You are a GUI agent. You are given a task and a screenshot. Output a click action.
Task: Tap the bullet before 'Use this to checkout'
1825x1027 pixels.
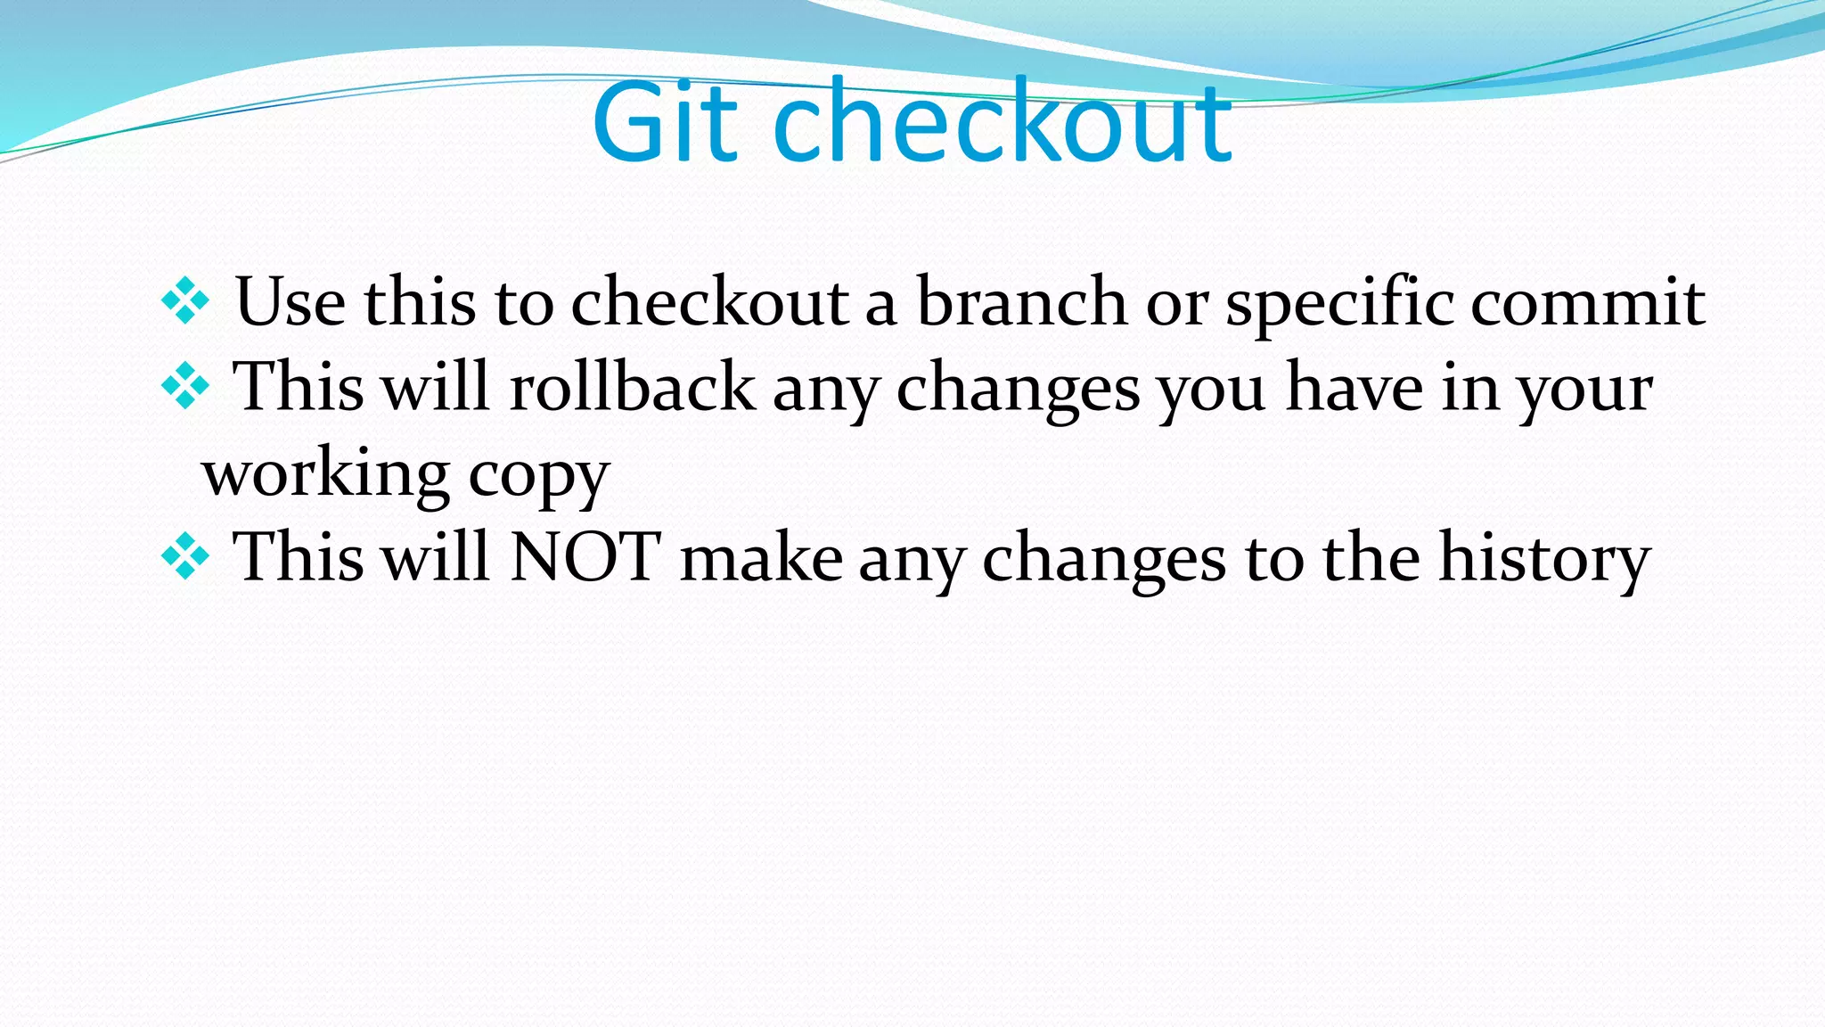pyautogui.click(x=185, y=301)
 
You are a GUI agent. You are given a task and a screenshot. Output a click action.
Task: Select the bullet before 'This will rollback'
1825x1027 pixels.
pyautogui.click(x=185, y=386)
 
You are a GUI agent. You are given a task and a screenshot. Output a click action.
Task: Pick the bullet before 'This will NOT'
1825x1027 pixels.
pyautogui.click(x=185, y=557)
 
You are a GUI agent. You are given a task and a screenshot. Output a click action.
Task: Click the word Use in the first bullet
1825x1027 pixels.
pyautogui.click(x=290, y=302)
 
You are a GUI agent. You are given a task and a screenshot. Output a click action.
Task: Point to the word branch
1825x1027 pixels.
pyautogui.click(x=1022, y=302)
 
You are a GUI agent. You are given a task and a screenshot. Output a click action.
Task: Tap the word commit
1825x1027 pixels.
pyautogui.click(x=1587, y=302)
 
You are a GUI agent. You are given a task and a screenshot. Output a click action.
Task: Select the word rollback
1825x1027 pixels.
pyautogui.click(x=632, y=387)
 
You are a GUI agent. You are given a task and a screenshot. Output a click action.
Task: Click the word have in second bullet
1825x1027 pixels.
pyautogui.click(x=1354, y=387)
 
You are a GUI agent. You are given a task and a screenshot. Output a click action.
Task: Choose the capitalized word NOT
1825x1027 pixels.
pyautogui.click(x=585, y=557)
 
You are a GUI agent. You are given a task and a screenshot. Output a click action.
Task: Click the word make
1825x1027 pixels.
pyautogui.click(x=761, y=557)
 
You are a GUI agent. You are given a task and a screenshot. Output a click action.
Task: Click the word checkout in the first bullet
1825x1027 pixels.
pyautogui.click(x=709, y=302)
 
